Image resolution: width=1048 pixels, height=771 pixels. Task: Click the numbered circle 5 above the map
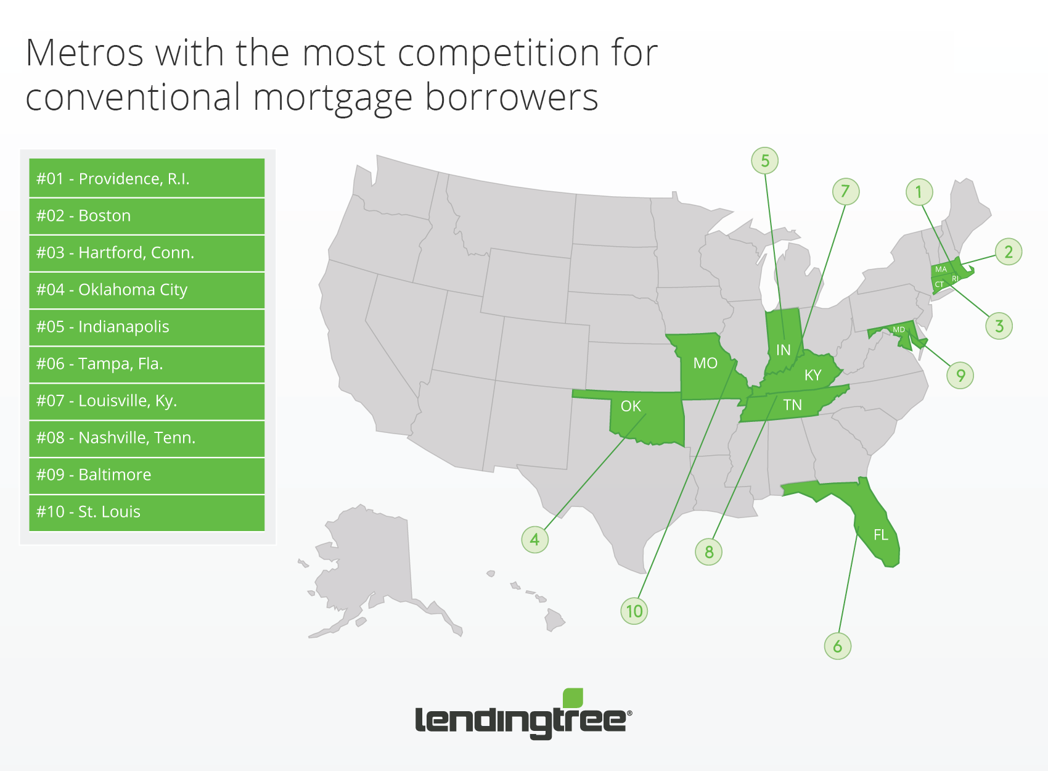[765, 160]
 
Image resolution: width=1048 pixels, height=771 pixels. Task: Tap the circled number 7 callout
[846, 191]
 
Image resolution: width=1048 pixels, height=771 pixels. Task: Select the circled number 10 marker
[634, 611]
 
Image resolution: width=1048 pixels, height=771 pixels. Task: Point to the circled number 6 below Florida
[837, 646]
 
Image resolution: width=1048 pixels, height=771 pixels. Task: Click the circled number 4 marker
[534, 539]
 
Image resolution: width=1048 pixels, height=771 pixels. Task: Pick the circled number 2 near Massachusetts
[1008, 252]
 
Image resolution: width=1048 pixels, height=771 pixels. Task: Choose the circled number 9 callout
[960, 375]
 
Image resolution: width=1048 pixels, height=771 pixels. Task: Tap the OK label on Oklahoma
[631, 406]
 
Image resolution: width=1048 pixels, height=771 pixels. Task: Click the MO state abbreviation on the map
[705, 363]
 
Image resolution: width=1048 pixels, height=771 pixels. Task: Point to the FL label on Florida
[880, 535]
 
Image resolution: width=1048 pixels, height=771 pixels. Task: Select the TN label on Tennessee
[793, 405]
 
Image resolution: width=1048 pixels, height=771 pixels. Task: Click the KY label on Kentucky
[813, 375]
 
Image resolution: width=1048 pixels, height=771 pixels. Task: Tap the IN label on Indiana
[783, 350]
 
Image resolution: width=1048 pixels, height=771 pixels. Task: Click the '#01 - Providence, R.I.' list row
[147, 178]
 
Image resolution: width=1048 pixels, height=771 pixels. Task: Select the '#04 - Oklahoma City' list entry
[147, 290]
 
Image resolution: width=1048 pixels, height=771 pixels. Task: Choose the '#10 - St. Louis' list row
[147, 513]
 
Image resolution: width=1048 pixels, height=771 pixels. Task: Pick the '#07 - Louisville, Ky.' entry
[147, 401]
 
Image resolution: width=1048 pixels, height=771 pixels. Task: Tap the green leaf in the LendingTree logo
[573, 698]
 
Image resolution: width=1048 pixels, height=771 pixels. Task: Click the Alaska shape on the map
[370, 566]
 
